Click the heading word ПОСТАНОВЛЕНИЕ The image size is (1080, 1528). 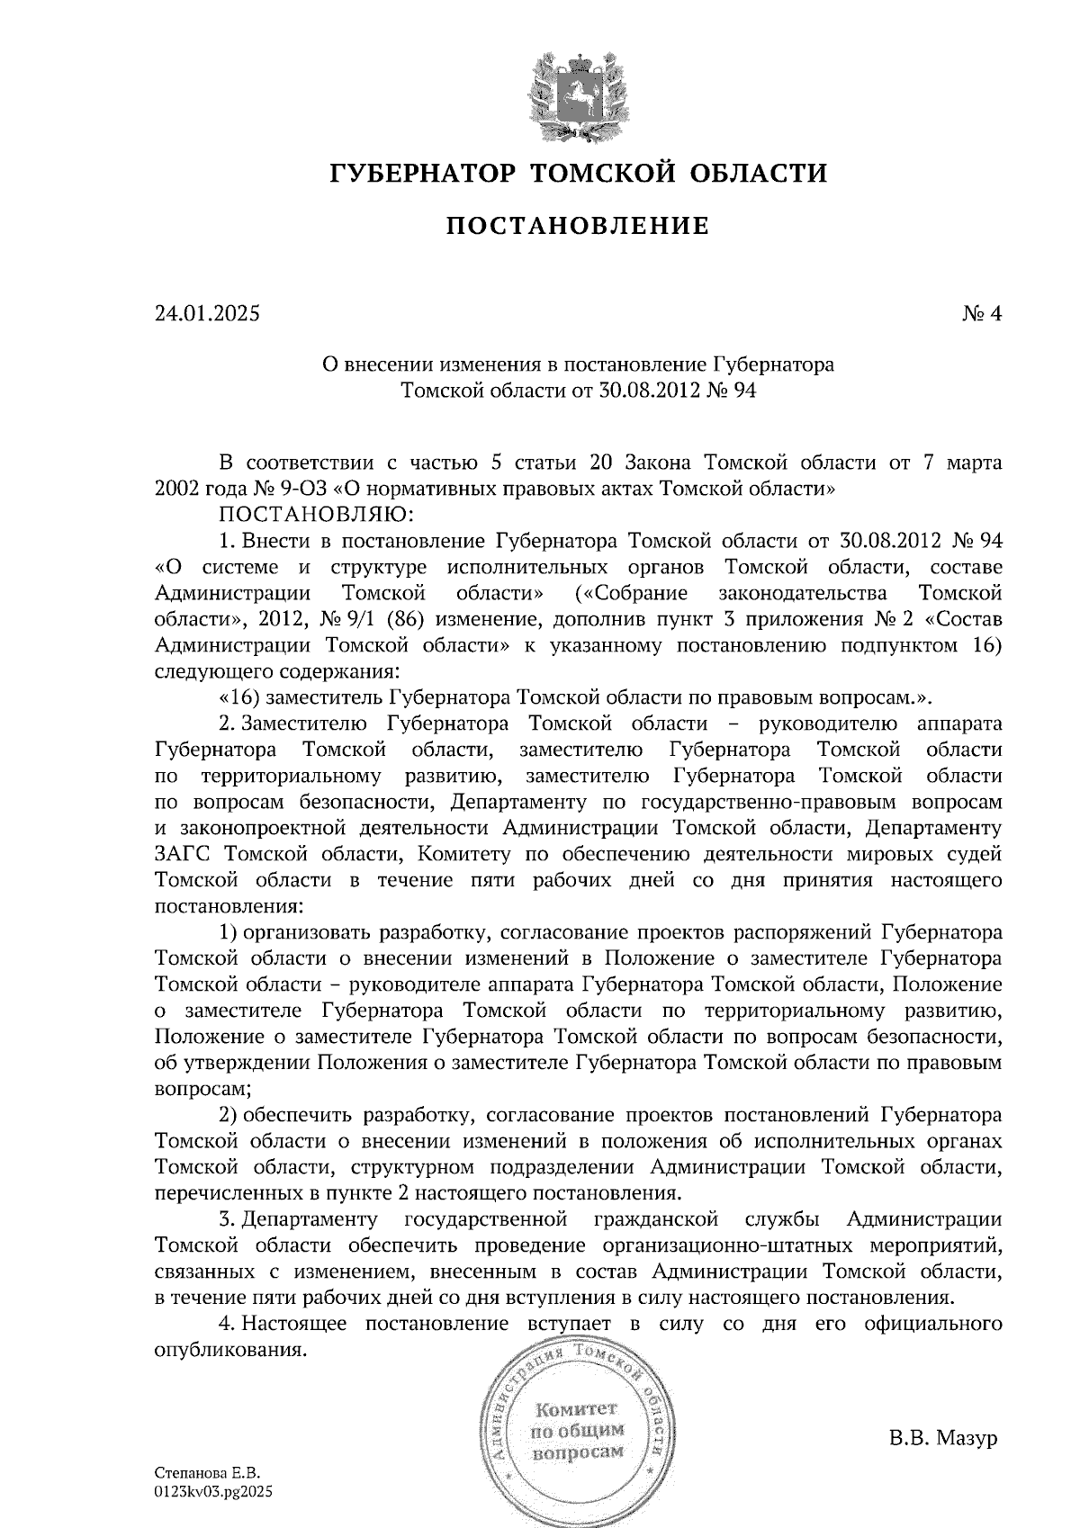577,225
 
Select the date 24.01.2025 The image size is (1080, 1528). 206,314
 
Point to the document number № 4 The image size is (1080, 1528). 981,314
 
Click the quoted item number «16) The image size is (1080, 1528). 238,697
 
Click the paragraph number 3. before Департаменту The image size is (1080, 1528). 228,1219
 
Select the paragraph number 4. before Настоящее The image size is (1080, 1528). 228,1324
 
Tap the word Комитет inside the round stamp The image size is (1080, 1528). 575,1407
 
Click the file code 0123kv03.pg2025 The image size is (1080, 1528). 213,1491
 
